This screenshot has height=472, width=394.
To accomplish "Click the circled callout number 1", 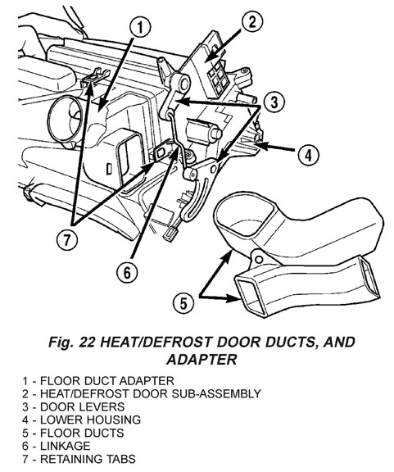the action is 141,28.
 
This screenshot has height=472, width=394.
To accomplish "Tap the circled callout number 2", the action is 252,21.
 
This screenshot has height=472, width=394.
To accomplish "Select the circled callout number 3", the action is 274,102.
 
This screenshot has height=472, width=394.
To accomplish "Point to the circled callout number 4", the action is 308,156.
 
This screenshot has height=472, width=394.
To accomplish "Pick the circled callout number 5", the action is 183,303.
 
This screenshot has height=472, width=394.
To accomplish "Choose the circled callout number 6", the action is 127,273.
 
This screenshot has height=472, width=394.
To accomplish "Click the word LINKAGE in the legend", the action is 66,446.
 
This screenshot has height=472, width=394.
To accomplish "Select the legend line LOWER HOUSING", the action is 81,420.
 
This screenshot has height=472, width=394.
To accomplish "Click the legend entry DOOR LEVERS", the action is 73,406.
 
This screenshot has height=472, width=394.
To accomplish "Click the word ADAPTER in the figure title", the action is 202,359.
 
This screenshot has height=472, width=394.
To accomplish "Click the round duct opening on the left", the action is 66,120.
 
